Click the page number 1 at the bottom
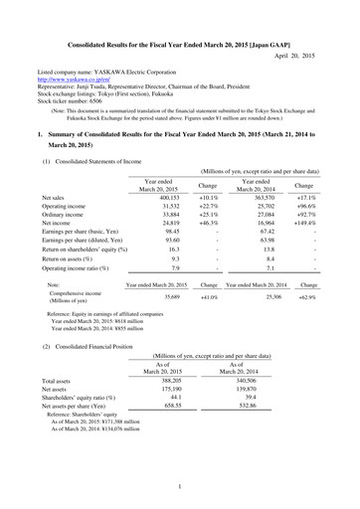click(x=180, y=485)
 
